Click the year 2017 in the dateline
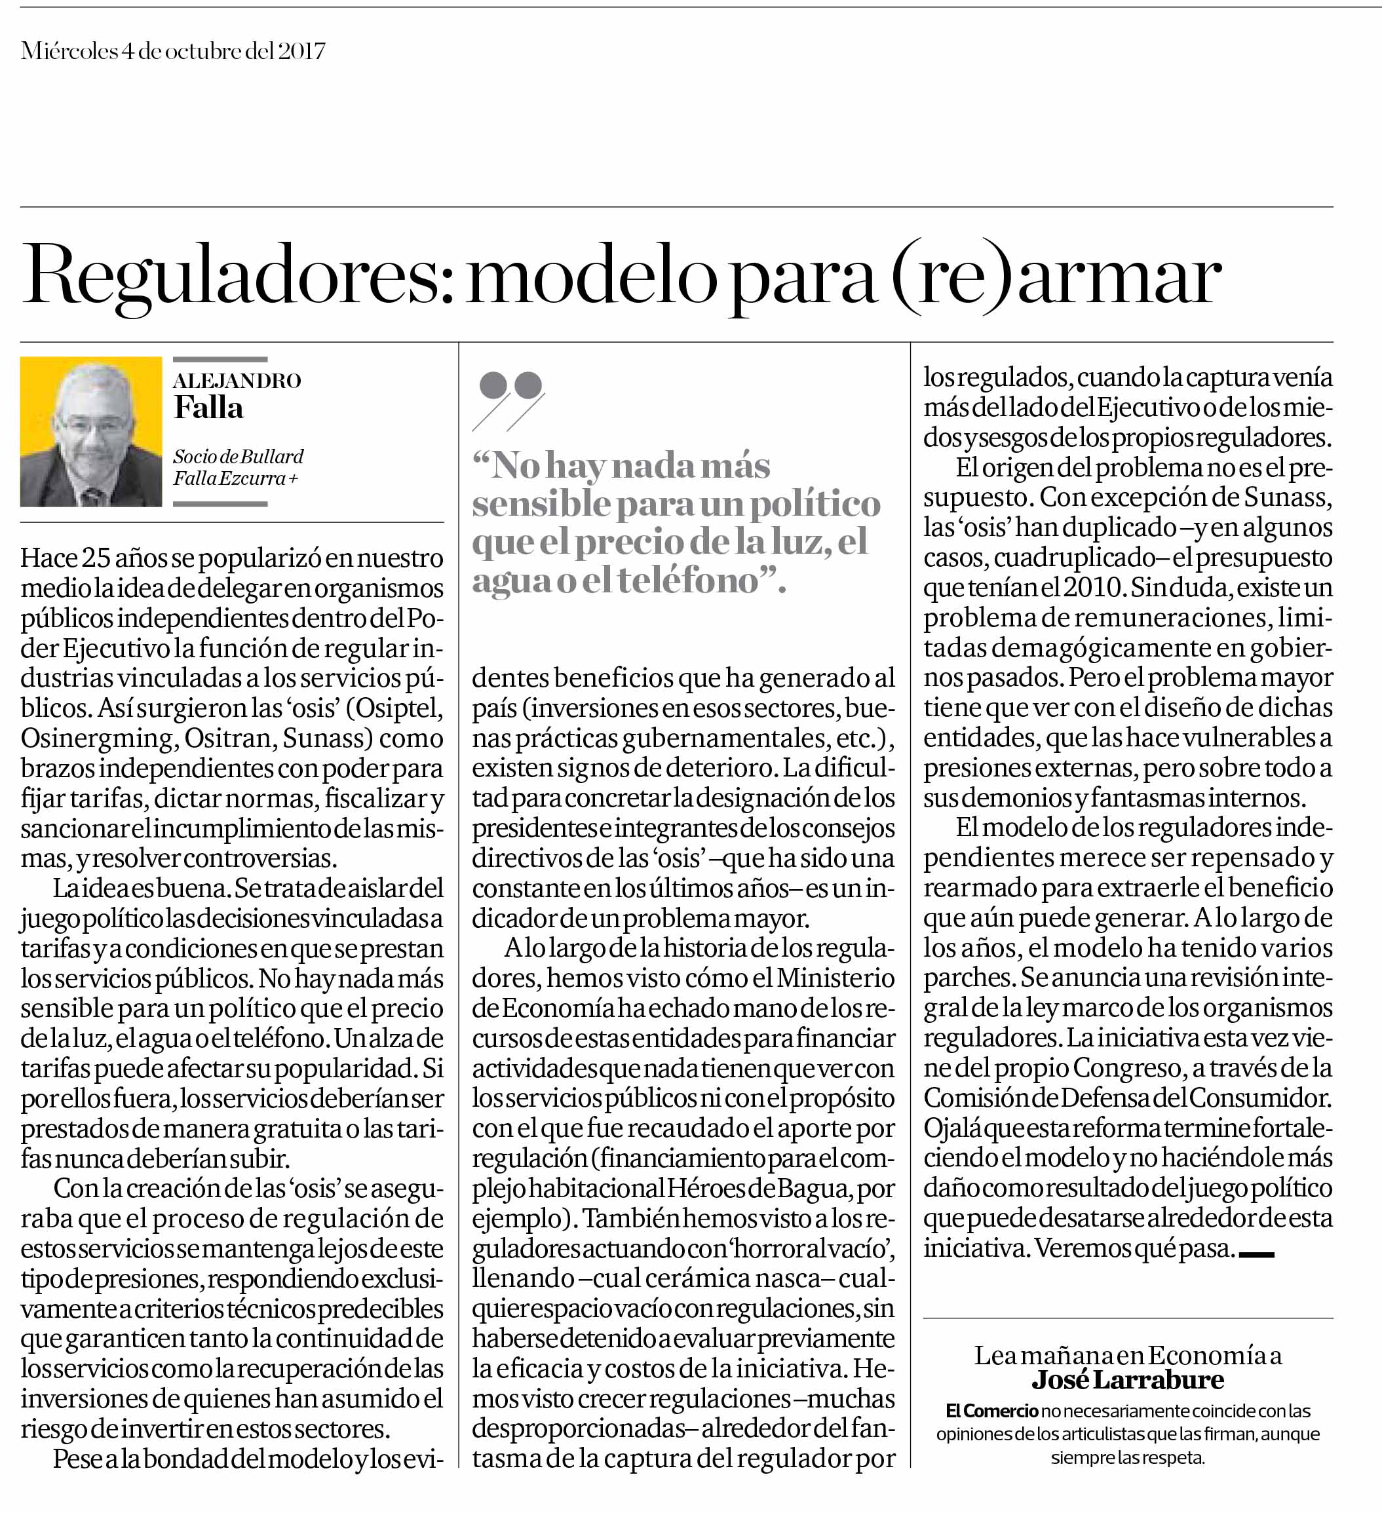[x=302, y=51]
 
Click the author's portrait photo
[x=91, y=432]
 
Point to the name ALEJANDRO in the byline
[x=237, y=381]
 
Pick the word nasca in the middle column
[x=773, y=1279]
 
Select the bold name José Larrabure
[x=1128, y=1379]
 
